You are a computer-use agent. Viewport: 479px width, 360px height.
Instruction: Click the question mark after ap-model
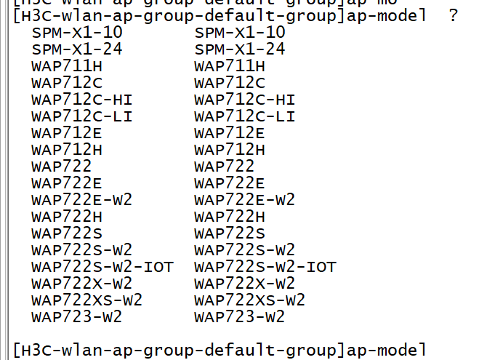(x=454, y=16)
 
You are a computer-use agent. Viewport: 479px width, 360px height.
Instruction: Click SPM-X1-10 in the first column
(x=77, y=33)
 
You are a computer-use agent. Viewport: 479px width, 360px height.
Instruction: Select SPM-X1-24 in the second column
(x=240, y=49)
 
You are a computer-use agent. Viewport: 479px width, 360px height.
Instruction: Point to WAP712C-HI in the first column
(x=82, y=100)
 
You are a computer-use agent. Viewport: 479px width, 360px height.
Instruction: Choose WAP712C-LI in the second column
(x=245, y=116)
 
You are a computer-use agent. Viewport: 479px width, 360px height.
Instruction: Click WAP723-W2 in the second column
(x=240, y=317)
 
